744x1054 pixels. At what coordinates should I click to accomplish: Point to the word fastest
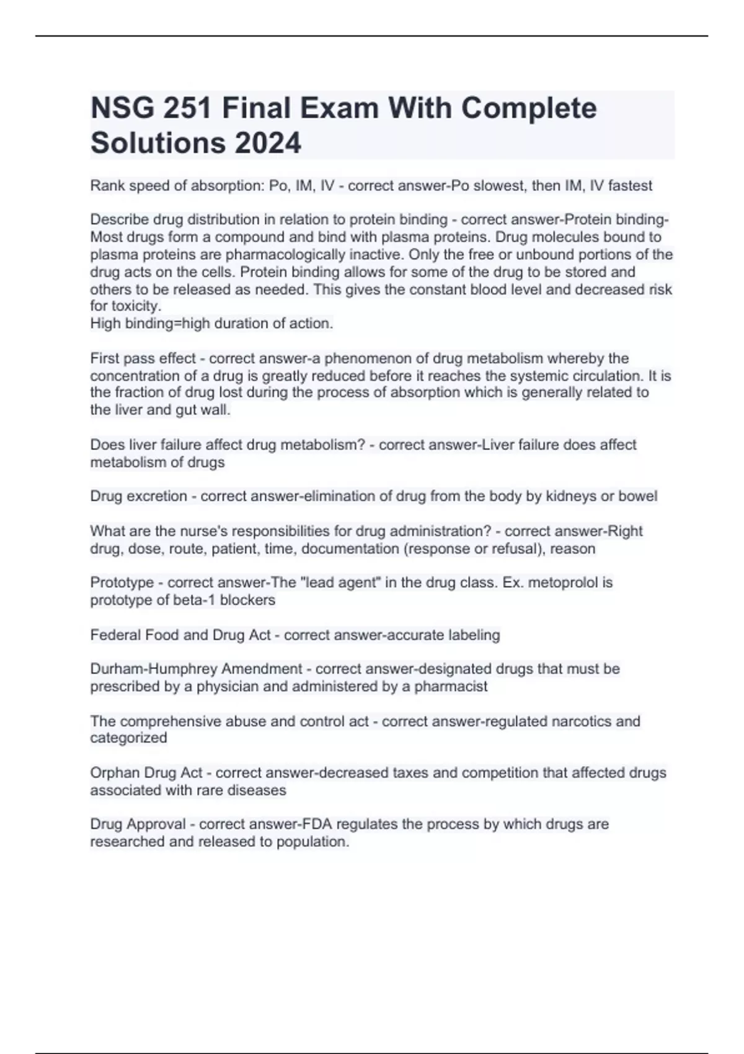click(x=630, y=185)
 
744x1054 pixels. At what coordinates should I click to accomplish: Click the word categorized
click(x=128, y=738)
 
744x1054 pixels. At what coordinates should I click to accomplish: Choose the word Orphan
click(x=115, y=773)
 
